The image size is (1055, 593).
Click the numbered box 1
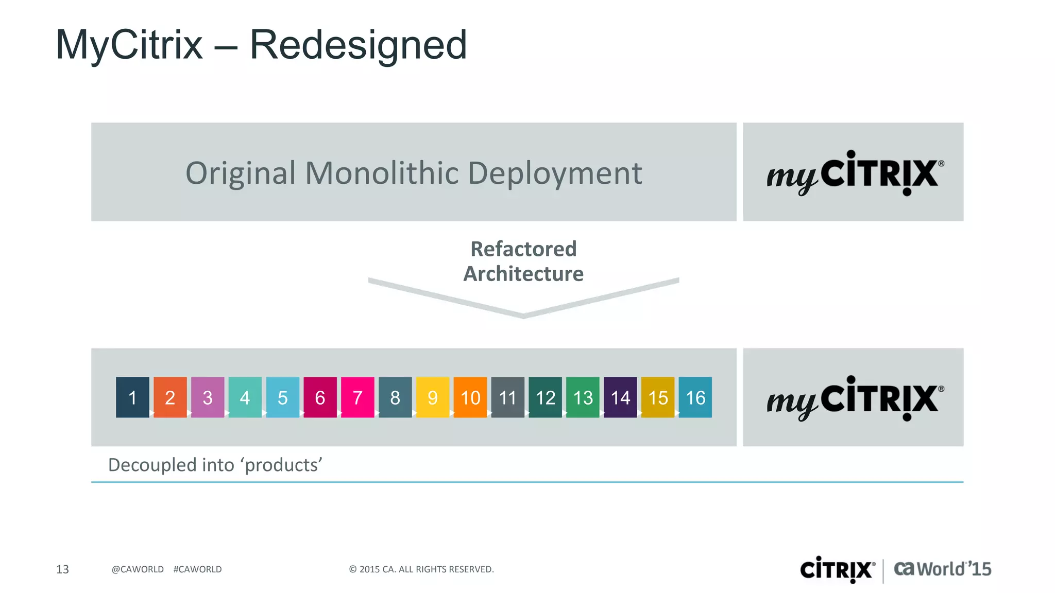point(132,397)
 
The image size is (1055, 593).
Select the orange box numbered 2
point(170,397)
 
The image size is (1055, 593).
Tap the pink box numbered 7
point(358,397)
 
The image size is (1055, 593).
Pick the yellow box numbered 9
point(433,397)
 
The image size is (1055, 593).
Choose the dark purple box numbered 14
point(620,397)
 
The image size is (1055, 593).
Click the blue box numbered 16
point(695,397)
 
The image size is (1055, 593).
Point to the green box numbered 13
point(583,397)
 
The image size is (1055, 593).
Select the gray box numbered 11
point(507,397)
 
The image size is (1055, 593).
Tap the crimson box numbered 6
point(320,397)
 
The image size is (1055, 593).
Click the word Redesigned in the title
point(358,45)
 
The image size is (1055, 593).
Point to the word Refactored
point(523,249)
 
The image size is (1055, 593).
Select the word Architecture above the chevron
point(523,274)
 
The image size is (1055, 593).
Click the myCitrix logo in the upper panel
point(855,172)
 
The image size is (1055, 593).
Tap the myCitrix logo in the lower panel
point(855,398)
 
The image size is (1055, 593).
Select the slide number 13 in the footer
point(62,569)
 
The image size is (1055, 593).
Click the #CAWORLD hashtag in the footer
point(197,569)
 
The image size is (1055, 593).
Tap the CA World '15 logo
point(942,569)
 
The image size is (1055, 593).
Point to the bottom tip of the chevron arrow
point(523,316)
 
